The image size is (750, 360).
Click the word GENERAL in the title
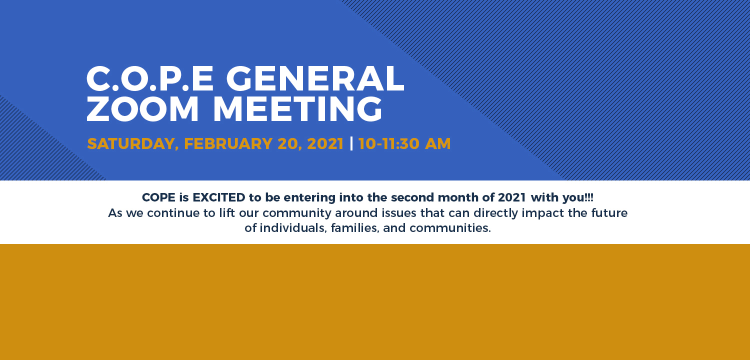coord(315,78)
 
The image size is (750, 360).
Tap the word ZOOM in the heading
coord(142,108)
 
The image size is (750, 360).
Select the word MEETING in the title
coord(297,108)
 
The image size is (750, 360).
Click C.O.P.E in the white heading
coord(150,78)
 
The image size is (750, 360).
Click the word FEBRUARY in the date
coord(228,143)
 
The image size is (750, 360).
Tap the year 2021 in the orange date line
coord(325,143)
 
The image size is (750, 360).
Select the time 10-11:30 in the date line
coord(388,143)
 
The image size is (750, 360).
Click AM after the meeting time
coord(438,143)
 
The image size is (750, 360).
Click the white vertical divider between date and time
coord(351,143)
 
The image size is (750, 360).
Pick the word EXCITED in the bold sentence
coord(219,197)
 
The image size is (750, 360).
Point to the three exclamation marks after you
coord(589,197)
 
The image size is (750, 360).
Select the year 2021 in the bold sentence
coord(512,197)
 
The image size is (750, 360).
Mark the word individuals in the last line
coord(293,228)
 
